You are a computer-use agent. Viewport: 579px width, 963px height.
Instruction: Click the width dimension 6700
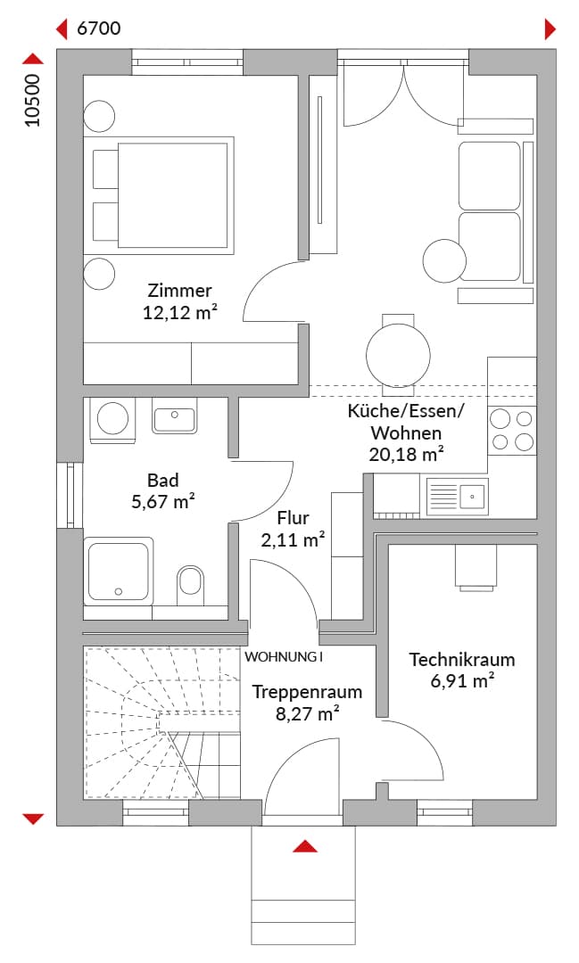98,29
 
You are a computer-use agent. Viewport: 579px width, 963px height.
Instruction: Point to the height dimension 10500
32,100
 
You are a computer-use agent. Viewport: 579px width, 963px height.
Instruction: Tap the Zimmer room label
179,291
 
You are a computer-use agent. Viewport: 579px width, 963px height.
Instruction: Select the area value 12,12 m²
180,313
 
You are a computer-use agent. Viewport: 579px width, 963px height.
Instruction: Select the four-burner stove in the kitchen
512,430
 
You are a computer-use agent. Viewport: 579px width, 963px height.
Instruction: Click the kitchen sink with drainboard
457,496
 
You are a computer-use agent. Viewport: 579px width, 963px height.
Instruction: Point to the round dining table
398,355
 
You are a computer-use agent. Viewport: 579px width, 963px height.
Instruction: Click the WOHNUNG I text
284,657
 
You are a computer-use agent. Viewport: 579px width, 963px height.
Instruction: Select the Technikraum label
462,660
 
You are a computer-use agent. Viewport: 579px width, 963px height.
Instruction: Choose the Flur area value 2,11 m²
293,540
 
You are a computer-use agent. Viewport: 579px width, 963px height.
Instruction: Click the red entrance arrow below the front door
305,846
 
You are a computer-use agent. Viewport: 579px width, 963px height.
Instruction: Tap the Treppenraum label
307,692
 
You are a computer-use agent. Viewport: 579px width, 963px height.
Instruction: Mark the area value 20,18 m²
406,455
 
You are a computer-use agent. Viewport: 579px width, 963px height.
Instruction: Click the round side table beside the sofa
444,260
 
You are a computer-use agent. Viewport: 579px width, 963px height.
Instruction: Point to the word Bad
163,480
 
